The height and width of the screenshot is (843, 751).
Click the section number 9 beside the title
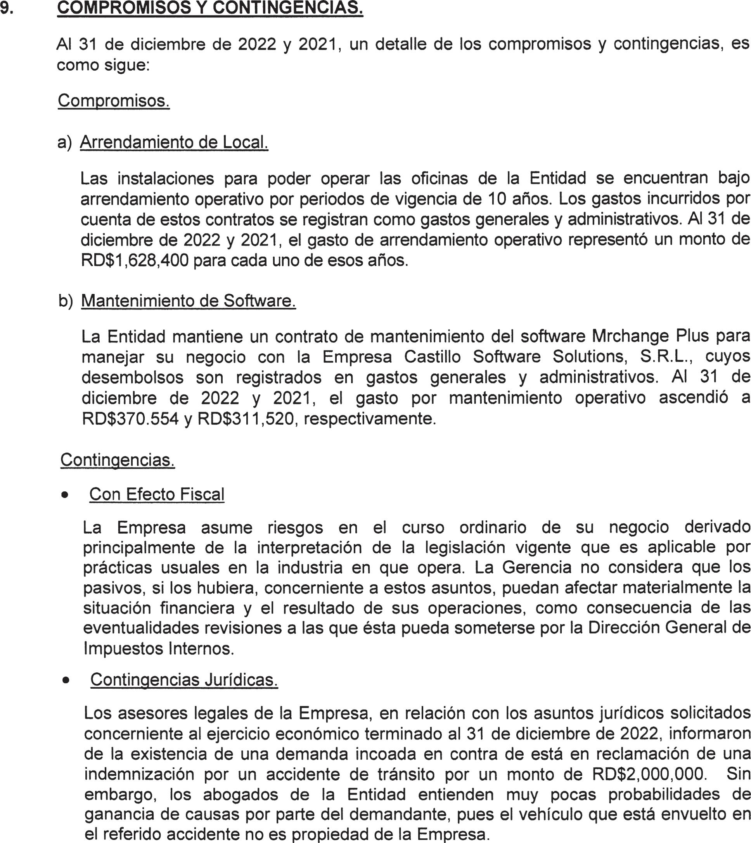pyautogui.click(x=6, y=8)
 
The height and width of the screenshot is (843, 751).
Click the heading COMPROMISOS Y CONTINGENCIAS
pyautogui.click(x=210, y=8)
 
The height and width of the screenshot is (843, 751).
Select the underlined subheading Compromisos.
pyautogui.click(x=114, y=101)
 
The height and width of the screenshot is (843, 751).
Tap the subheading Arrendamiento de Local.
pyautogui.click(x=174, y=142)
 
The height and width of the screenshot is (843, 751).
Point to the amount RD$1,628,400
pyautogui.click(x=135, y=261)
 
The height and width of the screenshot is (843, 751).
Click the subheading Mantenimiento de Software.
pyautogui.click(x=188, y=301)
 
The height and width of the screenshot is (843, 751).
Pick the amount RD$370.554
pyautogui.click(x=130, y=419)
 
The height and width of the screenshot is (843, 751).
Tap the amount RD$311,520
pyautogui.click(x=246, y=419)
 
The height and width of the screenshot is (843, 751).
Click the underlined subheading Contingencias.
pyautogui.click(x=118, y=460)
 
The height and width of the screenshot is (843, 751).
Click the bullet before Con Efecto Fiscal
pyautogui.click(x=64, y=495)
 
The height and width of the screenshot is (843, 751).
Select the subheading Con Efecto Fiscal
pyautogui.click(x=157, y=494)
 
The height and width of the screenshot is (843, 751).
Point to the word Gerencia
pyautogui.click(x=536, y=568)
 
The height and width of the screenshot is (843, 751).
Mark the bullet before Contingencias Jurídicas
pyautogui.click(x=65, y=681)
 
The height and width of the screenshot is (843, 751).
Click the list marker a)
pyautogui.click(x=64, y=142)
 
